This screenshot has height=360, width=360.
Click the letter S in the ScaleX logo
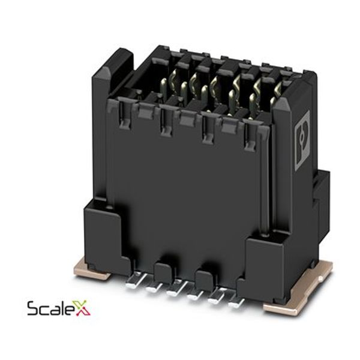pyautogui.click(x=33, y=308)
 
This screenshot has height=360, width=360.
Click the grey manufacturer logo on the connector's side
pyautogui.click(x=302, y=140)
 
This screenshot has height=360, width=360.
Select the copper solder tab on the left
pyautogui.click(x=91, y=270)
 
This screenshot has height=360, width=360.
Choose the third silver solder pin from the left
pyautogui.click(x=176, y=289)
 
